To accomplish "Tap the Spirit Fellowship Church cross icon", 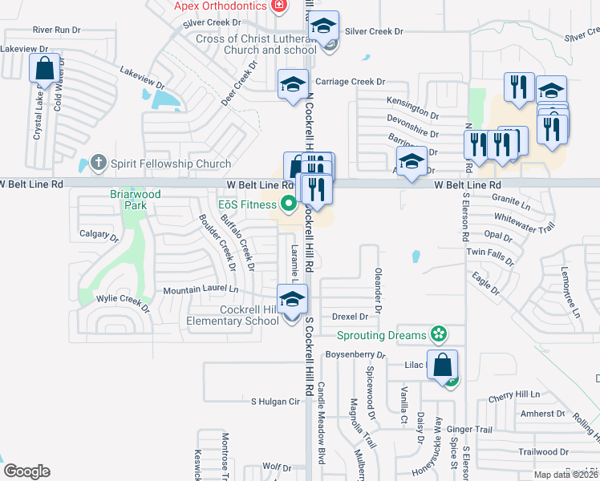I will coord(98,164).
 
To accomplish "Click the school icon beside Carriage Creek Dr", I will coord(294,83).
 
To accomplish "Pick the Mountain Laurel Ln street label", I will coord(201,289).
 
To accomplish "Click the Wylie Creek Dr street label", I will coord(123,300).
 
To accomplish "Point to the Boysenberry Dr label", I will coord(355,354).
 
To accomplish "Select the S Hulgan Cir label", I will coord(274,401).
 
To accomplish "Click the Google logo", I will coord(26,471).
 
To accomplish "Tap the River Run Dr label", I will coord(57,30).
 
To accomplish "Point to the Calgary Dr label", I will coord(99,236).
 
